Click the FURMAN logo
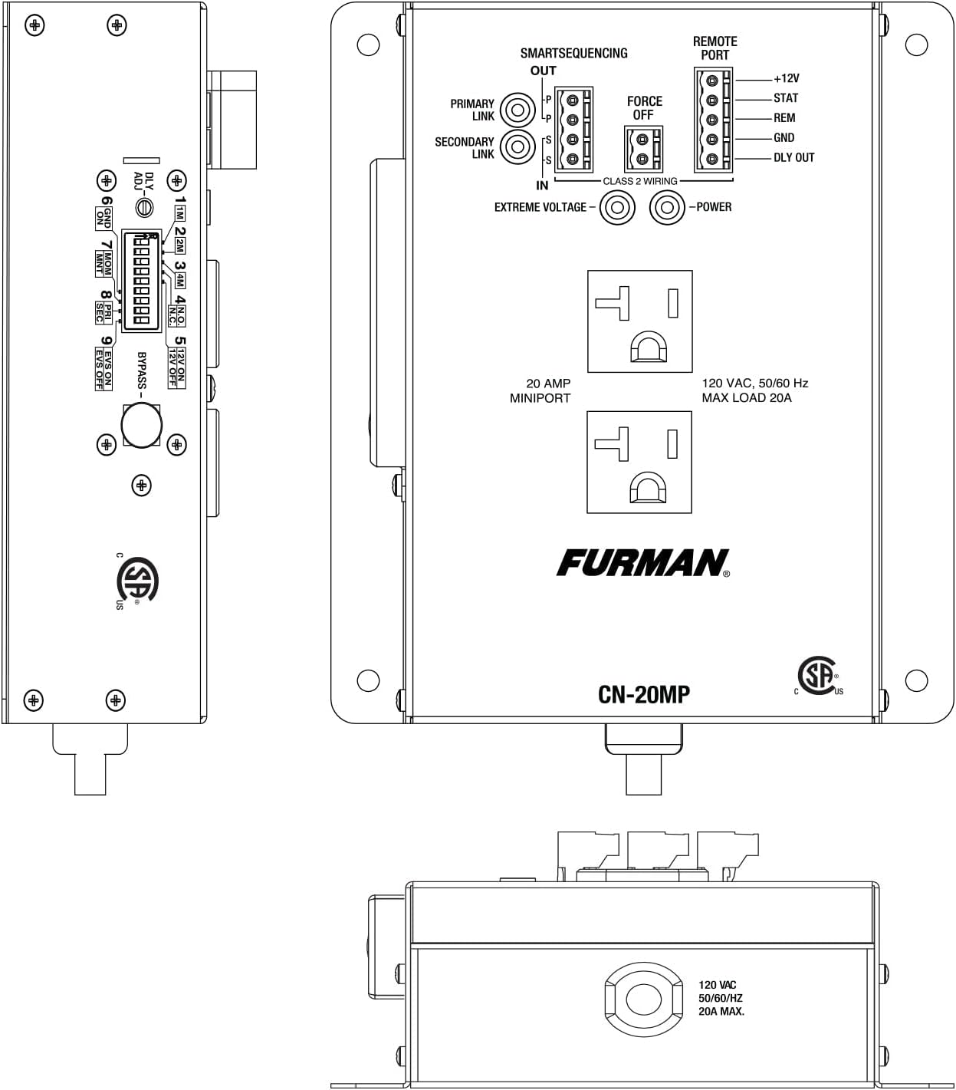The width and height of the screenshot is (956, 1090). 642,563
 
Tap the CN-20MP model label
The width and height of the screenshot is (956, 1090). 643,694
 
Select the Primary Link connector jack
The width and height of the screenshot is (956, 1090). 517,110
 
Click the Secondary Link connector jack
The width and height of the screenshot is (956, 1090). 517,147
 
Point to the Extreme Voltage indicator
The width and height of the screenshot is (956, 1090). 617,208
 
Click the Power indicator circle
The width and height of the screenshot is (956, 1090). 667,208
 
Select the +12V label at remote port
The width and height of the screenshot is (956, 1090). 786,78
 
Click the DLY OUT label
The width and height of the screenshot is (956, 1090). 793,158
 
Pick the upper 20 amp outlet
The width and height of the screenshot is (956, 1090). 639,321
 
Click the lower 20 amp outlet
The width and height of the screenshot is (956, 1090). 639,462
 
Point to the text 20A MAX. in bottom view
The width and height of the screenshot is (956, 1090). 721,1012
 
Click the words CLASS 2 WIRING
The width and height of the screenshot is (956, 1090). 639,182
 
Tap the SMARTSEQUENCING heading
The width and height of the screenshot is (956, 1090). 573,53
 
